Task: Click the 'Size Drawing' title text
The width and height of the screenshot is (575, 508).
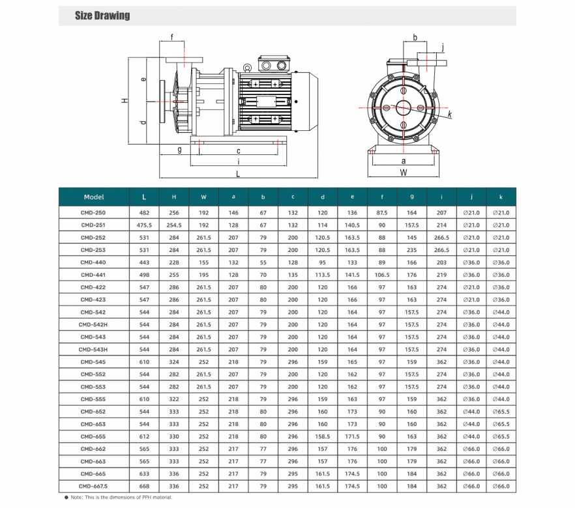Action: coord(102,16)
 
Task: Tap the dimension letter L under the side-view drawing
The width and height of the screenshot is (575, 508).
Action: coord(238,174)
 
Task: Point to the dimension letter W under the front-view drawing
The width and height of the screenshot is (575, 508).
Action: coord(403,173)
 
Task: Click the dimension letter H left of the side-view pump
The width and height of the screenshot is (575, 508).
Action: coord(123,101)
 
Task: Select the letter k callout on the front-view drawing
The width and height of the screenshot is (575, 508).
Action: coord(449,115)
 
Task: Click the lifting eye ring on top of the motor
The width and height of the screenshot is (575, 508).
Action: coord(247,67)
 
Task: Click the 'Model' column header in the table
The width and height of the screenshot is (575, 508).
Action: coord(94,197)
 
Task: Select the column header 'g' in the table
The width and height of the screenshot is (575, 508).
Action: coord(411,197)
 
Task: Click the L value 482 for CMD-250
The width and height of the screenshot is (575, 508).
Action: coord(144,213)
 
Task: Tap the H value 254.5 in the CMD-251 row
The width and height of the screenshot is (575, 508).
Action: coord(173,225)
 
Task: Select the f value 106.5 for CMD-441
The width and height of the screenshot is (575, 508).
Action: coord(382,275)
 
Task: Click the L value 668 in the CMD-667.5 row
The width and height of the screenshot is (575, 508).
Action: coord(144,486)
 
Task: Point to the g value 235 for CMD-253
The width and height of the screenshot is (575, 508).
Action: coord(411,250)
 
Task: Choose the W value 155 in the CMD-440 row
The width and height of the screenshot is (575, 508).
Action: coord(203,262)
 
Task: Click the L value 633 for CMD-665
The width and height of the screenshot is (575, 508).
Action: coord(144,473)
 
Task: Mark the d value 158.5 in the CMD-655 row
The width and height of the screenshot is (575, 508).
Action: coord(322,436)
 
